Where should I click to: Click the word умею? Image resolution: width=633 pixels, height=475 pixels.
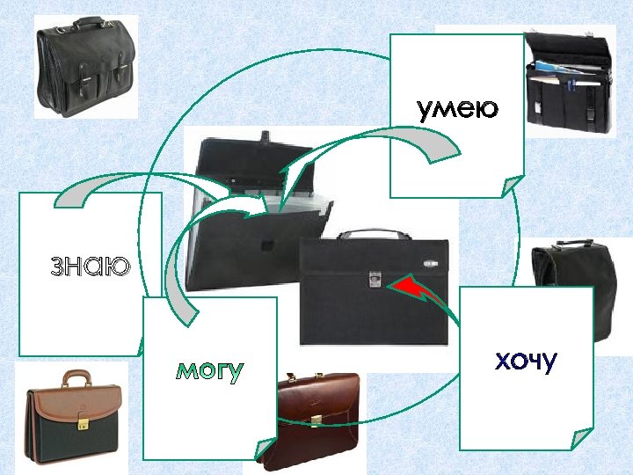click(457, 109)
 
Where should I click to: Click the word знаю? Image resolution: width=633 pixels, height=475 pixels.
click(89, 265)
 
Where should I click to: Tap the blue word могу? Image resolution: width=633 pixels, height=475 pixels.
click(209, 371)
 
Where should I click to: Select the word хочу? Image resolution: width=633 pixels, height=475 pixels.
click(526, 361)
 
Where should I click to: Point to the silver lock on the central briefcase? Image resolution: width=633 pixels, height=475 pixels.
click(375, 280)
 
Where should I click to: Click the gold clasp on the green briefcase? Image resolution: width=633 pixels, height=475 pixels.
click(84, 424)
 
